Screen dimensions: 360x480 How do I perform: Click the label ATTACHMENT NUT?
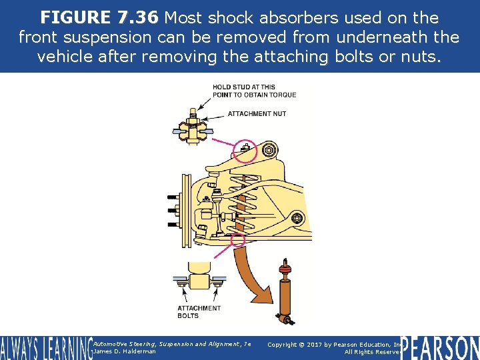(257, 114)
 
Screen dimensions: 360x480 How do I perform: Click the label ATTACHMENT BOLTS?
(199, 312)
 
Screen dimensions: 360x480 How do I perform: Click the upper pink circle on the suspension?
(245, 150)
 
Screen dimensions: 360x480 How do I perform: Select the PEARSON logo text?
(440, 347)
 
